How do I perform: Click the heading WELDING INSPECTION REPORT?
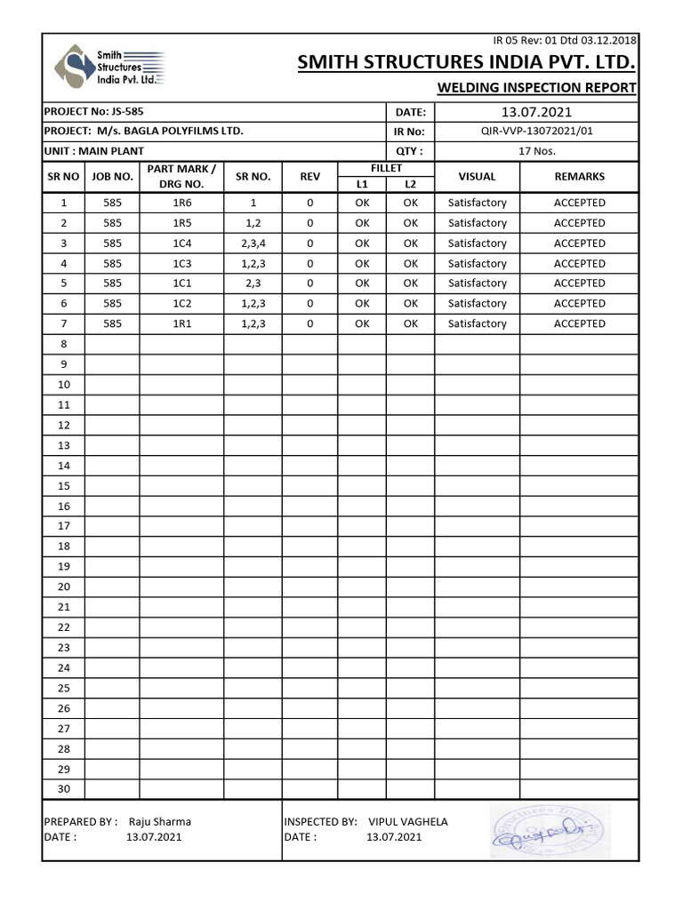coord(536,87)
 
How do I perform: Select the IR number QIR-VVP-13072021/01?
coord(536,132)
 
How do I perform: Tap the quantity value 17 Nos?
coord(536,151)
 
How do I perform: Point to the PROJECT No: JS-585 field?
coord(93,112)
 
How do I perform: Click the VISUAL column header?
coord(477,177)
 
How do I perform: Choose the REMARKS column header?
coord(579,177)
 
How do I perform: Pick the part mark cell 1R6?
coord(182,203)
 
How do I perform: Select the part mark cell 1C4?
coord(182,243)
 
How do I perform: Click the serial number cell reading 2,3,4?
coord(253,243)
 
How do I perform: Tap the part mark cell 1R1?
coord(182,324)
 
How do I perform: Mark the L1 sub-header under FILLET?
coord(362,185)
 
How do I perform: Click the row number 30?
coord(64,789)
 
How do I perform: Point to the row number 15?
coord(64,486)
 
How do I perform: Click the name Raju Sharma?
coord(160,822)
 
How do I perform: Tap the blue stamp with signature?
coord(550,831)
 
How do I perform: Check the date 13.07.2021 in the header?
coord(536,112)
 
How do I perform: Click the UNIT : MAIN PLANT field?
coord(93,151)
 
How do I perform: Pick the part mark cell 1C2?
coord(182,304)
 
